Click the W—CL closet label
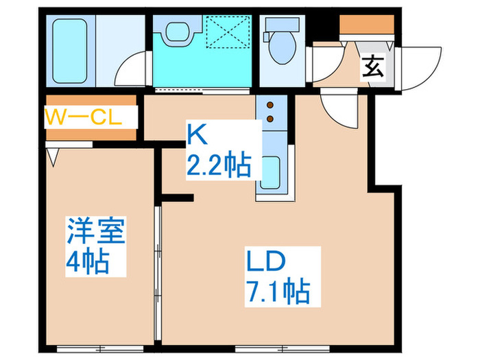pyautogui.click(x=84, y=117)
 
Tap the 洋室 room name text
pyautogui.click(x=96, y=232)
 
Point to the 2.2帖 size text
pyautogui.click(x=218, y=165)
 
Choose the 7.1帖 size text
pyautogui.click(x=277, y=292)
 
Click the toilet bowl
pyautogui.click(x=280, y=47)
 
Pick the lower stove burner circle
pyautogui.click(x=269, y=119)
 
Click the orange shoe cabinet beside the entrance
pyautogui.click(x=366, y=25)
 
